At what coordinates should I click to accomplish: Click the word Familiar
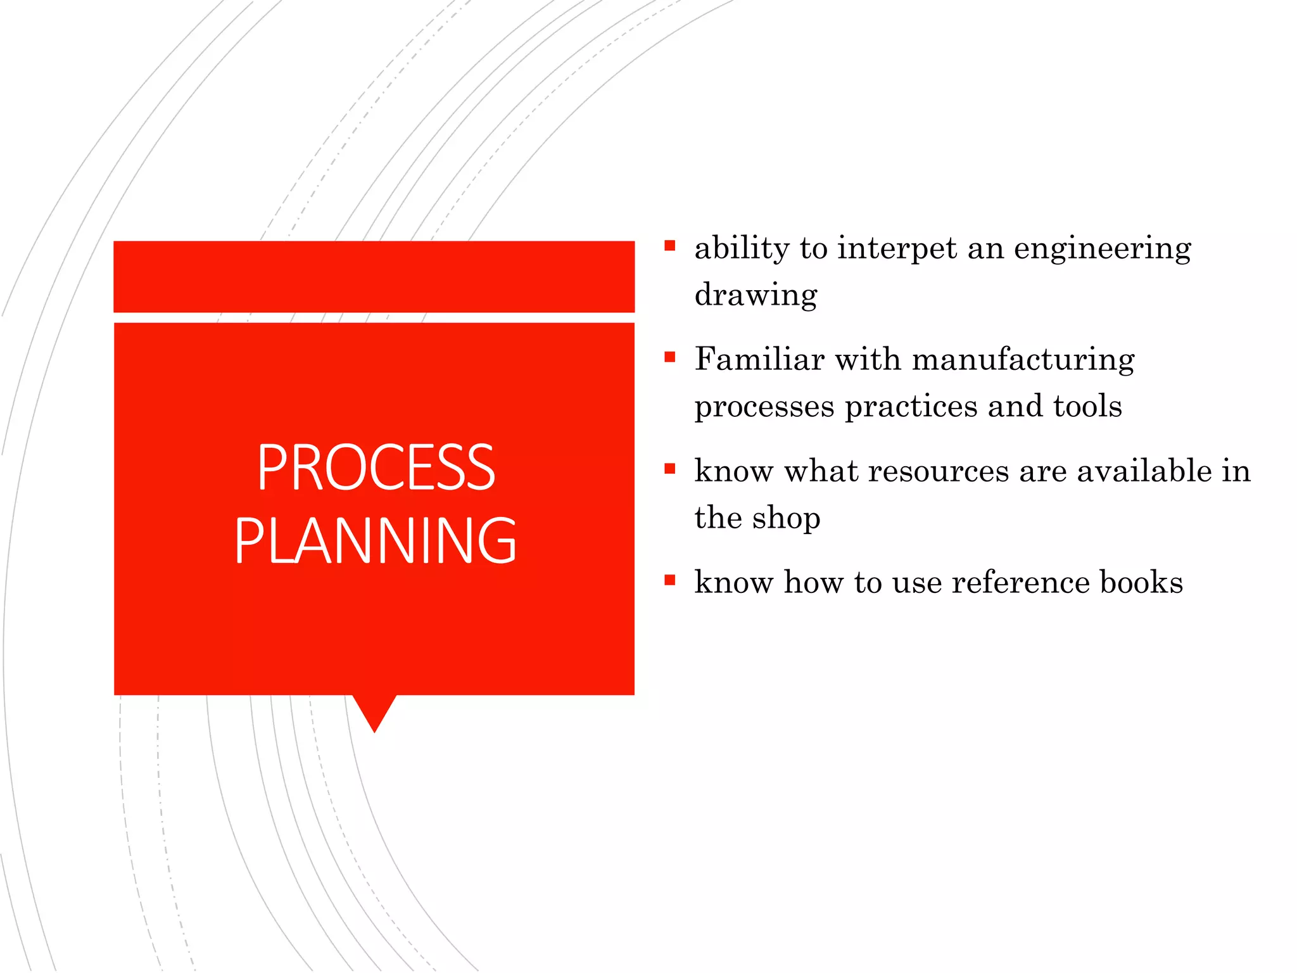tap(759, 359)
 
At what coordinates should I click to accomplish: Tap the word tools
tap(1087, 406)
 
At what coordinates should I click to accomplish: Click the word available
tap(1144, 471)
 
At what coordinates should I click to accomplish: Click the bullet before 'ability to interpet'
tap(670, 245)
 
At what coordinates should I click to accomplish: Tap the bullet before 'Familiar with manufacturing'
tap(670, 357)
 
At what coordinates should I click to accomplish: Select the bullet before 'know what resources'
tap(670, 469)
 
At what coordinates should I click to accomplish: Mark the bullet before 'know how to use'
tap(670, 580)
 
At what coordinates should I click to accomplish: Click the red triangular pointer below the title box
tap(375, 709)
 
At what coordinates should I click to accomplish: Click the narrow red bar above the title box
tap(374, 276)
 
